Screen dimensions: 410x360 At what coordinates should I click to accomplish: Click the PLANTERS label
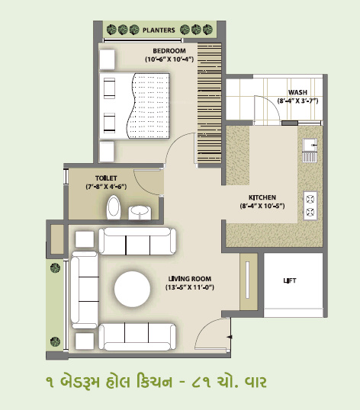pos(159,30)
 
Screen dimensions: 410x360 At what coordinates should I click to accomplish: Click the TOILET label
pos(85,177)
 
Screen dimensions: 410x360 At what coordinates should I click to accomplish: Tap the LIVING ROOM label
pos(190,278)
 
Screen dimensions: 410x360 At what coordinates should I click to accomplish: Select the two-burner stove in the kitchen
pos(310,203)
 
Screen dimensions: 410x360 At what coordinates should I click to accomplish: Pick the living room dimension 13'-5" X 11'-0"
pos(190,287)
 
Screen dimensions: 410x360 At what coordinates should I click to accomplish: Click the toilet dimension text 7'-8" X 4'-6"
pos(85,186)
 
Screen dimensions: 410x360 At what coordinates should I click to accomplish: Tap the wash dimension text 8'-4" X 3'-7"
pos(297,101)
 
